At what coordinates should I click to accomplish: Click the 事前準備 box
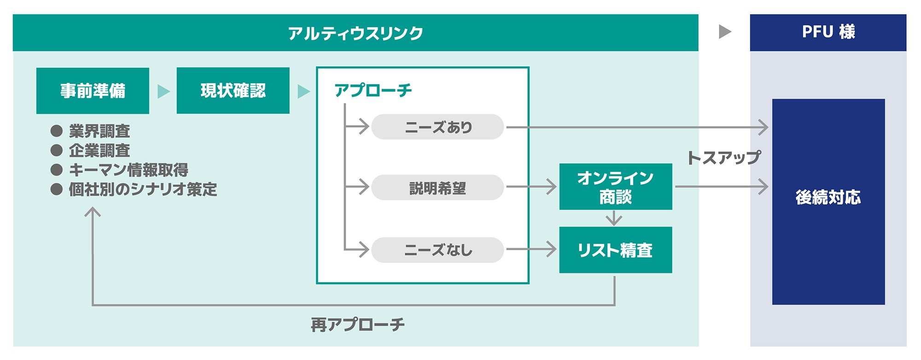tap(93, 91)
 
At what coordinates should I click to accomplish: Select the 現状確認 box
tap(233, 91)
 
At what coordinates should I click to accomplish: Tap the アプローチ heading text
tap(373, 90)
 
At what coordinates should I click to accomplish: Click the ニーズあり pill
tap(437, 127)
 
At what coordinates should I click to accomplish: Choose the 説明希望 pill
tap(437, 188)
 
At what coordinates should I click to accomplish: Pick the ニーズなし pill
tap(437, 250)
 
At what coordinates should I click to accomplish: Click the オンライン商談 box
tap(616, 187)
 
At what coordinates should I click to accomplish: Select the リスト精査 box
tap(616, 250)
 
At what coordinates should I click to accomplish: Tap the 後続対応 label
tap(828, 197)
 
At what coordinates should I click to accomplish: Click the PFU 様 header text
tap(828, 32)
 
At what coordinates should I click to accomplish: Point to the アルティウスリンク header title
tap(355, 33)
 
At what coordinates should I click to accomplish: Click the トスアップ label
tap(723, 158)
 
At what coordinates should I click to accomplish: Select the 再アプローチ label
tap(358, 325)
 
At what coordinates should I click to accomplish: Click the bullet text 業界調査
tap(99, 131)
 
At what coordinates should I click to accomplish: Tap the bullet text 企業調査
tap(99, 151)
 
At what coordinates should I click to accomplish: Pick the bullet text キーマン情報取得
tap(128, 170)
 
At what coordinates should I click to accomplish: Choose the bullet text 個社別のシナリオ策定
tap(143, 189)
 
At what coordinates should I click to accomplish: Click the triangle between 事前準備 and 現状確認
tap(163, 91)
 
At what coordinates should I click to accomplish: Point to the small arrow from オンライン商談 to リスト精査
tap(614, 218)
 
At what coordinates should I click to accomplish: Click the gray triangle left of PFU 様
tap(725, 32)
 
